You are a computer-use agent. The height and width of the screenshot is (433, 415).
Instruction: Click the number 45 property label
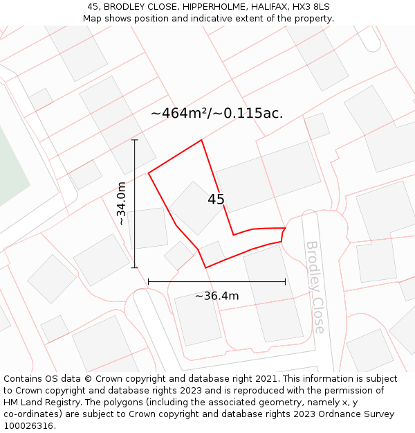pos(216,200)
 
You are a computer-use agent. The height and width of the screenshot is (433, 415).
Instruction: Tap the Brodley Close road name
pos(315,287)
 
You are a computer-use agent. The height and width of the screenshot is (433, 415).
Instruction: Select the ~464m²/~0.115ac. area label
pos(216,113)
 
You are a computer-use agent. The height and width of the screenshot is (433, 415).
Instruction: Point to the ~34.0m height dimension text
pos(121,203)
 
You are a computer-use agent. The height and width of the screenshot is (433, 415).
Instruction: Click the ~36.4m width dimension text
pos(216,296)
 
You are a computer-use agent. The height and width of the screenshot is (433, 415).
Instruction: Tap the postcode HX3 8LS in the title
pos(311,7)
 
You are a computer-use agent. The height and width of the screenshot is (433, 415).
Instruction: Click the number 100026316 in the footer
pos(28,426)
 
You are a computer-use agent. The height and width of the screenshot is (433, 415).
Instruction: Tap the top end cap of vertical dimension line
pos(135,140)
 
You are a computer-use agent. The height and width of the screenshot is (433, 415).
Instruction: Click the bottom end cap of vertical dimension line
pos(135,267)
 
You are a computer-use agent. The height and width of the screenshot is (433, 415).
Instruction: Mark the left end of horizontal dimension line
pos(149,281)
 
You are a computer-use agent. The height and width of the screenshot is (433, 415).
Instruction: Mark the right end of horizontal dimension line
pos(285,281)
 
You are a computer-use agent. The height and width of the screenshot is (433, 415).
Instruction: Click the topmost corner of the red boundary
pos(201,141)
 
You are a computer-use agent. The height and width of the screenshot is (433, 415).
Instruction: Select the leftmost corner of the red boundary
pos(149,173)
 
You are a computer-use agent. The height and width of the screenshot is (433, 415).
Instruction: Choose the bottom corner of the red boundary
pos(205,267)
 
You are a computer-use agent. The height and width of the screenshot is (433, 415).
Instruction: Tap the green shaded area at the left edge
pos(10,166)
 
